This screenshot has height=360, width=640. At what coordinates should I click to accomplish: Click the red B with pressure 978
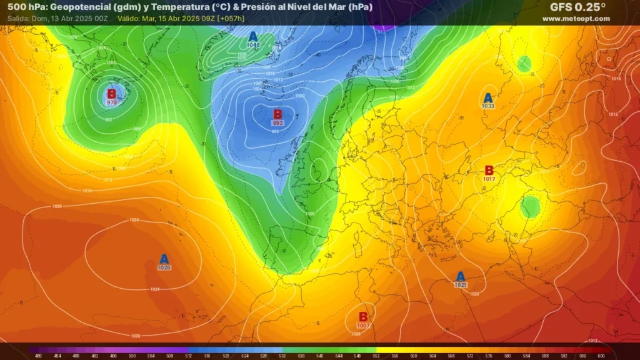pos(112,94)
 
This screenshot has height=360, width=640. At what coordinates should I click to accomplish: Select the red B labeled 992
pos(278,114)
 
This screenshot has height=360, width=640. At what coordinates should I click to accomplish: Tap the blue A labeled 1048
pos(253,37)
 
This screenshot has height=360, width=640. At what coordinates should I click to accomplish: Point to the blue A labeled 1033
pos(488,98)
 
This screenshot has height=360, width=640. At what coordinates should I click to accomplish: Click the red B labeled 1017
pos(489,171)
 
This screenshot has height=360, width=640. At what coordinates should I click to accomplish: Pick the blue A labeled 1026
pos(164,259)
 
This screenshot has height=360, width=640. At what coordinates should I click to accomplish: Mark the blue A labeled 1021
pos(461,276)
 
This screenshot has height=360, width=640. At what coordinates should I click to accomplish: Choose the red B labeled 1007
pos(363,317)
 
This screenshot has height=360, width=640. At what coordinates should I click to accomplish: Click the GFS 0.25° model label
pos(577,7)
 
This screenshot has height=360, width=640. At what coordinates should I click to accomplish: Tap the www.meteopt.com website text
pos(576,19)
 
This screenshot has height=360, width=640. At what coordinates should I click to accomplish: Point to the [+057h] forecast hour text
pos(231,19)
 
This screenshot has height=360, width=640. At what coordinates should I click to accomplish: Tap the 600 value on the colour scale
pos(601,356)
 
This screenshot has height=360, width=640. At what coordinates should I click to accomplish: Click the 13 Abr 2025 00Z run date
pos(80,19)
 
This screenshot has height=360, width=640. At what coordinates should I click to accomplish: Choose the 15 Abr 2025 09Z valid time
pos(182,19)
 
